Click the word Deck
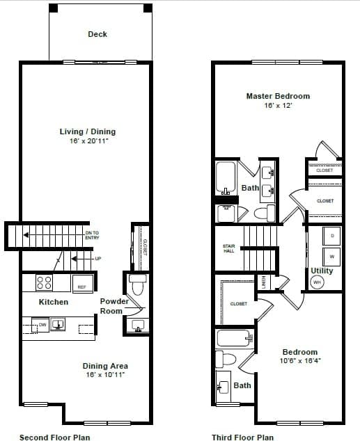[97, 34]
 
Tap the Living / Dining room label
[88, 131]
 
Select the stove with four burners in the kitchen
[44, 282]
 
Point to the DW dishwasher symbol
[42, 325]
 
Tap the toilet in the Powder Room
[136, 284]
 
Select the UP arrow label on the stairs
[97, 259]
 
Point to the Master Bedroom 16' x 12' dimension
[278, 106]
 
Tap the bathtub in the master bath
[226, 179]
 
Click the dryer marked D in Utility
[332, 236]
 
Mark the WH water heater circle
[317, 282]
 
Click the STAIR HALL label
[228, 248]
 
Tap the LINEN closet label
[264, 281]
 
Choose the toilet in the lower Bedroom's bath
[221, 359]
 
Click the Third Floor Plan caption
[242, 438]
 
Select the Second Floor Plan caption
[54, 438]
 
